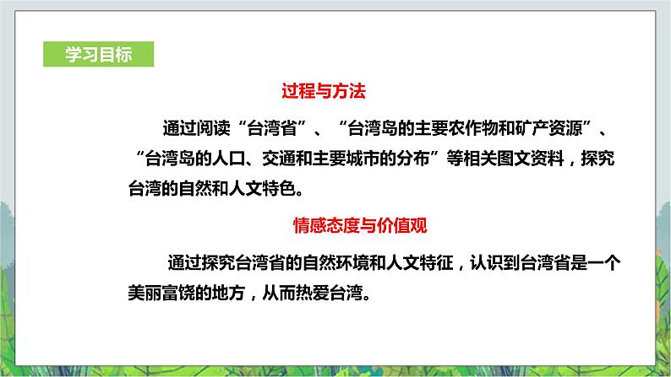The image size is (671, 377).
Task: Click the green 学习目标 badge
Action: (98, 53)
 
